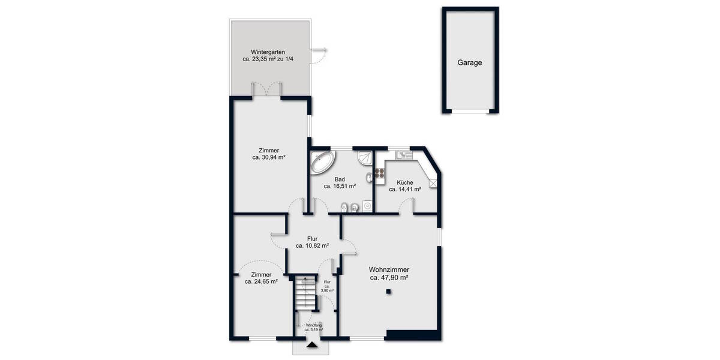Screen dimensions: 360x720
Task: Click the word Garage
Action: (x=470, y=62)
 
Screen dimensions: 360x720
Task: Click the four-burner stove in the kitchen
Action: (x=379, y=173)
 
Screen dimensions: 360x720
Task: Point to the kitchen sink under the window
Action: (x=403, y=155)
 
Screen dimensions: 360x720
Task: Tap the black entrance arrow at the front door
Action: (x=311, y=345)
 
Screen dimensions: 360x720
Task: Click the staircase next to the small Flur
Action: (x=306, y=294)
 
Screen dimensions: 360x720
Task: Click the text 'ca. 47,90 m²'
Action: (x=389, y=278)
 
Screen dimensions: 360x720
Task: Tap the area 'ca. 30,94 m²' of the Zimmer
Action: (x=268, y=158)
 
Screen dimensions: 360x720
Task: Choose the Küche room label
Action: (x=404, y=182)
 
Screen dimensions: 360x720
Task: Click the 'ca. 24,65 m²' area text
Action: (x=261, y=281)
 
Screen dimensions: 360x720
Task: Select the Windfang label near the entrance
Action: (x=313, y=325)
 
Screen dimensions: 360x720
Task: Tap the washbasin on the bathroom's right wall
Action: (x=367, y=178)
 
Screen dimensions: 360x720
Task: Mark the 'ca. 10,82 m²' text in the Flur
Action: (x=312, y=245)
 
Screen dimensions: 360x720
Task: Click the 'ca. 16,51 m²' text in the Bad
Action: (x=340, y=187)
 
